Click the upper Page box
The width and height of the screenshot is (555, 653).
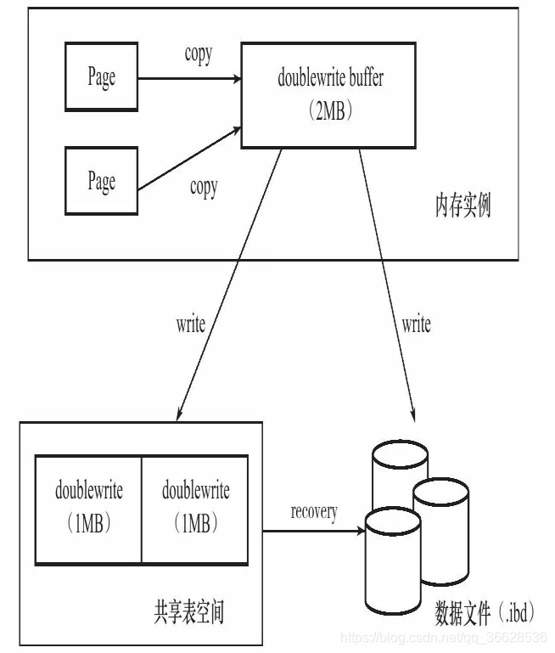click(x=102, y=76)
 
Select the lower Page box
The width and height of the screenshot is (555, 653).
click(x=102, y=181)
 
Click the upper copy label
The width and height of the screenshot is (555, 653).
click(x=199, y=54)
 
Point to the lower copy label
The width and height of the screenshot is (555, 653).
click(x=203, y=188)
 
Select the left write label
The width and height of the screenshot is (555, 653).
click(x=190, y=324)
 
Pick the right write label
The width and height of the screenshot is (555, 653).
click(x=416, y=324)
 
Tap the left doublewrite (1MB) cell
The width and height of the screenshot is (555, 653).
click(x=88, y=509)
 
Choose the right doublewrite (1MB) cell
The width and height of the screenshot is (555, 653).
click(x=195, y=509)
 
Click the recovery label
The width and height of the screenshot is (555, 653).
click(x=314, y=512)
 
